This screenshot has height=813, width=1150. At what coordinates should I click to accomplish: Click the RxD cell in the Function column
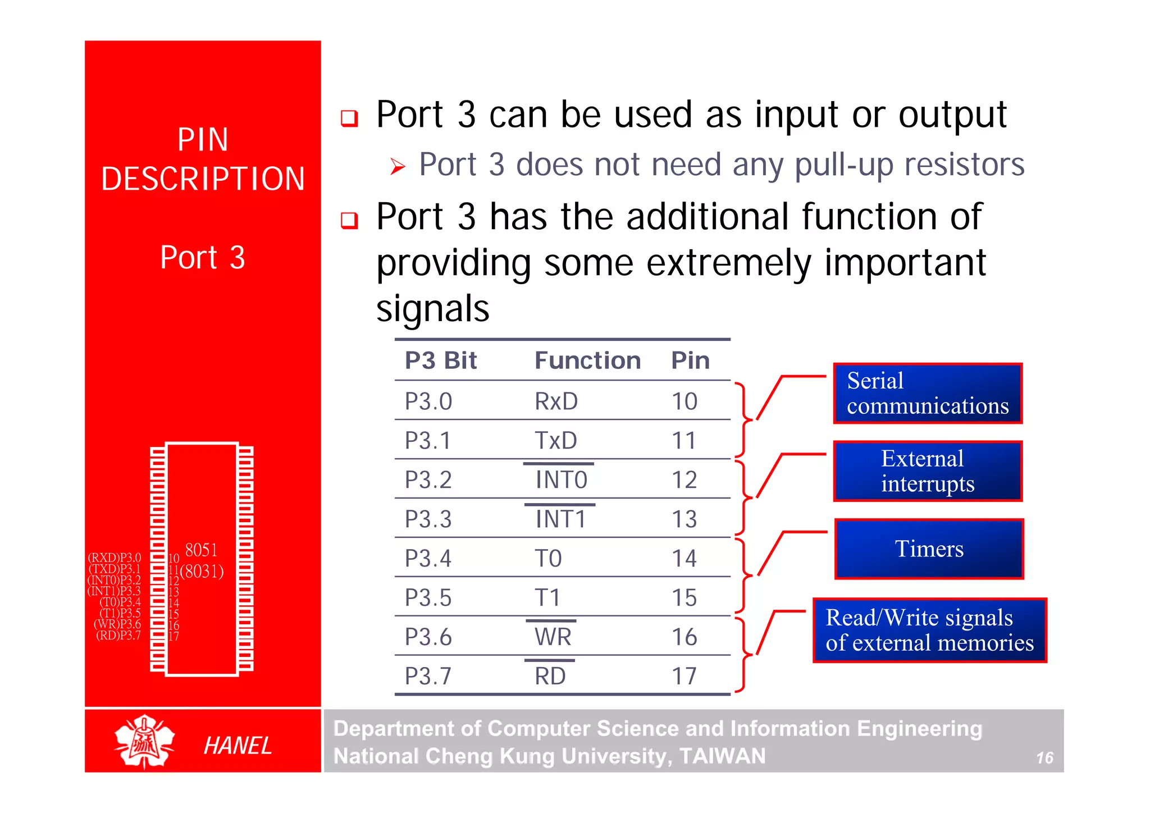[x=556, y=401]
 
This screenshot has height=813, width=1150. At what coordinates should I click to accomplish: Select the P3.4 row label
[x=428, y=559]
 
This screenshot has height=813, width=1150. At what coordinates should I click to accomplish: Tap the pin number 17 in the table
[x=684, y=677]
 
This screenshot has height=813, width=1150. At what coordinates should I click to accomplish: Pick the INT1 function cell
[x=560, y=519]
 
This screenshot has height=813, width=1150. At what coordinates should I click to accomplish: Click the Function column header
[x=587, y=360]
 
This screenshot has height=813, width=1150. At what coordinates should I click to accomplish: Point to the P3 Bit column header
[x=441, y=360]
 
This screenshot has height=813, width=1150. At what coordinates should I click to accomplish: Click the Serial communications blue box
[x=928, y=393]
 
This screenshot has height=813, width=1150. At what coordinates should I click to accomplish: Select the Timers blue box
[x=929, y=549]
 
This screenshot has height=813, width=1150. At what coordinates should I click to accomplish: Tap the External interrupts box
[x=928, y=471]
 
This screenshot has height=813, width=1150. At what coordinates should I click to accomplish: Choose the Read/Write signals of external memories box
[x=929, y=630]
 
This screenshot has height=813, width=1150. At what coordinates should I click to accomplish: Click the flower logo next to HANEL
[x=144, y=742]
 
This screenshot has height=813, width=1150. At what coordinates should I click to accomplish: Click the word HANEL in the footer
[x=238, y=746]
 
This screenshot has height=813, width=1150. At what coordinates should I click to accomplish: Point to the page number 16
[x=1044, y=758]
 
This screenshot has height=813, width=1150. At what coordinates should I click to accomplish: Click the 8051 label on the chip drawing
[x=201, y=550]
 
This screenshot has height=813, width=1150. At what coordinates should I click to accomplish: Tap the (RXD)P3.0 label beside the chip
[x=115, y=558]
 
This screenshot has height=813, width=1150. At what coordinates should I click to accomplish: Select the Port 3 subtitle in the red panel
[x=202, y=258]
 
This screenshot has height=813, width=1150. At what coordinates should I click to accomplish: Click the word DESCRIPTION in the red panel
[x=203, y=179]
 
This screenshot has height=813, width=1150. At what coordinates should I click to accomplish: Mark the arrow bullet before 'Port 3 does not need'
[x=398, y=166]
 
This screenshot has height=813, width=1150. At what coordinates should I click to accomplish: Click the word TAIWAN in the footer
[x=722, y=756]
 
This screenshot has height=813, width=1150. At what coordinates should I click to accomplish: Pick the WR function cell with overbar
[x=553, y=637]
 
